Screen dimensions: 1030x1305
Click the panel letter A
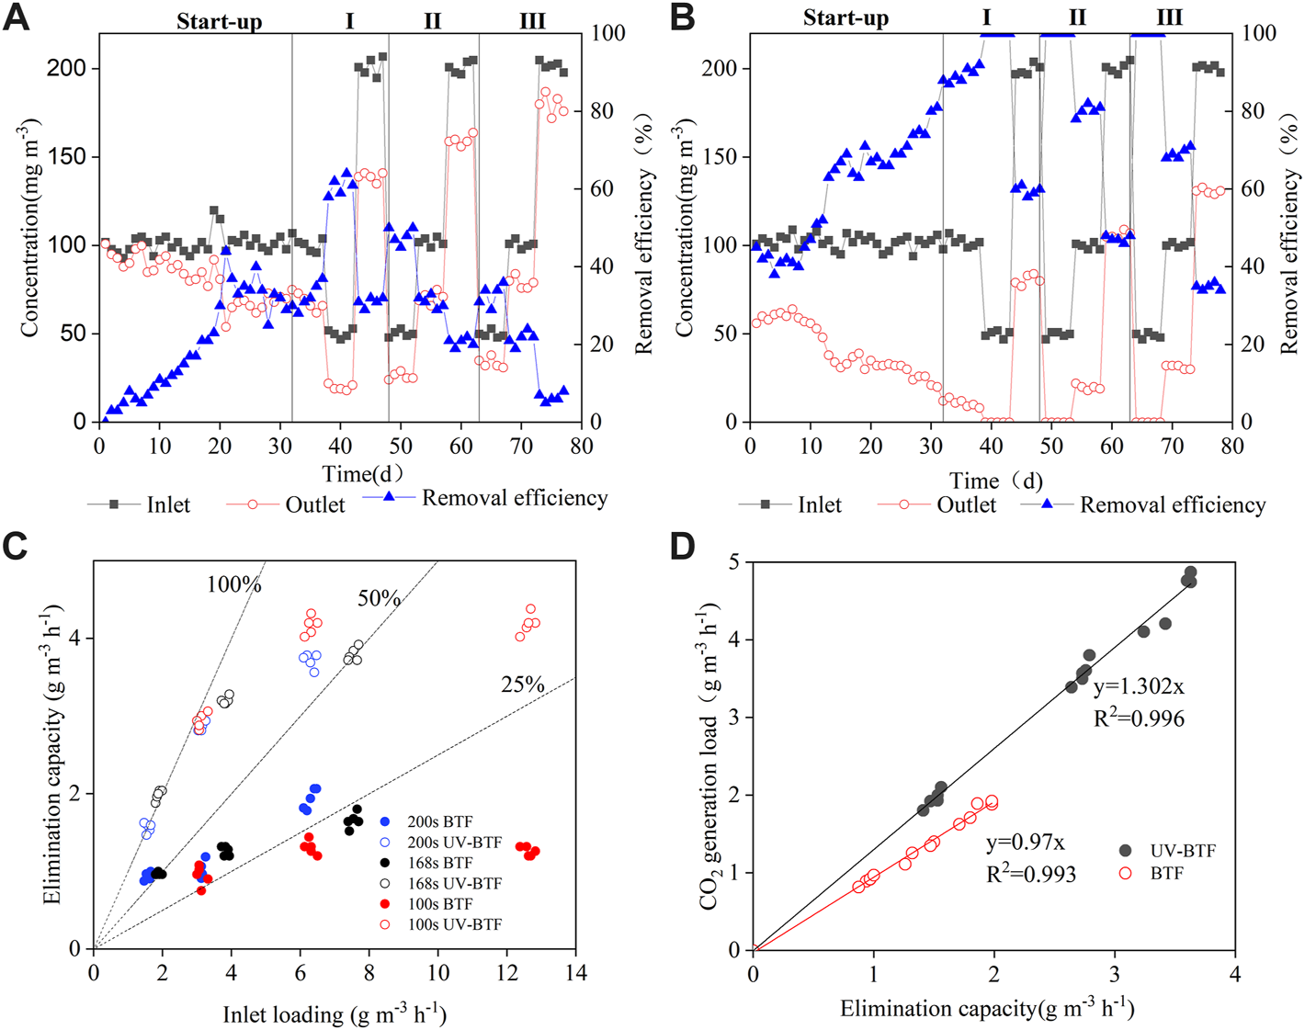click(17, 17)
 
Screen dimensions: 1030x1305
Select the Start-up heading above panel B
click(845, 18)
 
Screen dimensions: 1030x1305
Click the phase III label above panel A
click(532, 20)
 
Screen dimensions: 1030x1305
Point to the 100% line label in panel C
click(233, 584)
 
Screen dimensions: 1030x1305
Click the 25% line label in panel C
click(523, 685)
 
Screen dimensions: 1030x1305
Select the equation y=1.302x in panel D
click(1139, 686)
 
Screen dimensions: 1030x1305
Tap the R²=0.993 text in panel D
click(1031, 874)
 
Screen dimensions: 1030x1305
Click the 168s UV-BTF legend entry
click(454, 883)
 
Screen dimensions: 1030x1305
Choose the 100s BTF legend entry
click(439, 904)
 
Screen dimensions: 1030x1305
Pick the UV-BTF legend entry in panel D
click(1182, 851)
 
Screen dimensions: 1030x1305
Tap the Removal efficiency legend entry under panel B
click(1172, 504)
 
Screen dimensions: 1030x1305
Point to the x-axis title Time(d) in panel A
click(362, 474)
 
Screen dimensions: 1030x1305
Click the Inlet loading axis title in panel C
click(335, 1014)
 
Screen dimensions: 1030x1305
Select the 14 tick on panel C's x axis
click(575, 973)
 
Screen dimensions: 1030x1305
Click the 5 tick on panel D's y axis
click(733, 561)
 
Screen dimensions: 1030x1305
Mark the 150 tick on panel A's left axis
click(66, 156)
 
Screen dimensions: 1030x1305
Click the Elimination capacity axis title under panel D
click(987, 1009)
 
